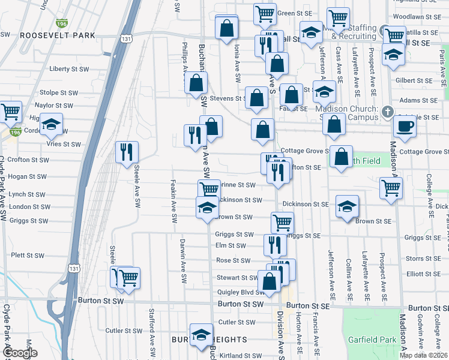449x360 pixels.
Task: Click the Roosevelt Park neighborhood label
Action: coord(58,35)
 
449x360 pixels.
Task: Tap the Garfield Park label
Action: coord(372,340)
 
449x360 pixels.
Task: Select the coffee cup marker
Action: coord(405,127)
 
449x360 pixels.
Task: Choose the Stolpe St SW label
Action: coord(59,93)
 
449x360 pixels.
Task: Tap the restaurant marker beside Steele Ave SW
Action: coord(127,153)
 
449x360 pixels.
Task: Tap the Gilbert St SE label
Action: coord(414,80)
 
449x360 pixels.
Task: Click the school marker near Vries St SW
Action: coord(52,124)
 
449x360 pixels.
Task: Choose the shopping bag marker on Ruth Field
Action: coord(341,157)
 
